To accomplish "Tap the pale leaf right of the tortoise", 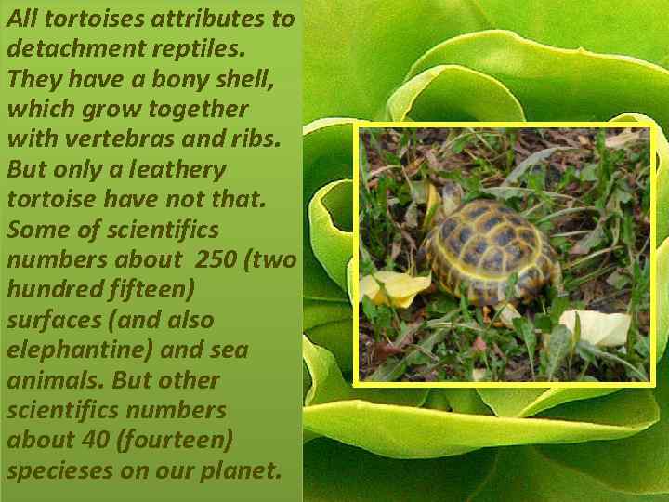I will (595, 326).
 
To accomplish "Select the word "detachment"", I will (66, 49).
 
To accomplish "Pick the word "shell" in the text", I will (243, 79).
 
